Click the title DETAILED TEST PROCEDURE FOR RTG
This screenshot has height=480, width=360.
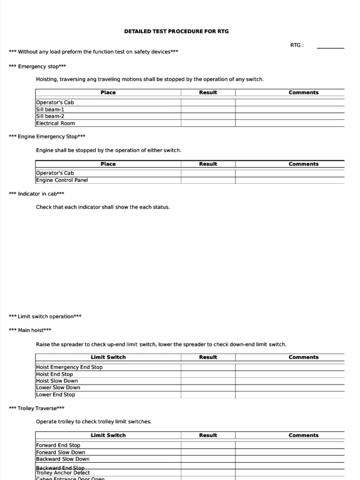(176, 31)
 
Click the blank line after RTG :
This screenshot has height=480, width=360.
(330, 47)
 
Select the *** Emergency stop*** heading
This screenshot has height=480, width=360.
(37, 67)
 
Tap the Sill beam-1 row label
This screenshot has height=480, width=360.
(50, 109)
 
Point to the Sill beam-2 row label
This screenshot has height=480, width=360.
(50, 116)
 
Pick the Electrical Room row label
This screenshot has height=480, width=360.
(55, 123)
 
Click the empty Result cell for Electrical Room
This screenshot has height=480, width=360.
(208, 123)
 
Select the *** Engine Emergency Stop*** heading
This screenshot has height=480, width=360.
(47, 137)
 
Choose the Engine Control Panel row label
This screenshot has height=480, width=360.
(62, 180)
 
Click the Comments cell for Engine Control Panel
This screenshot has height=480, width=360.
(290, 180)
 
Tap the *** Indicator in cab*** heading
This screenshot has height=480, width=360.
(37, 194)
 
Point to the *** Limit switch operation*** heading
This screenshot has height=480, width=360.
(45, 316)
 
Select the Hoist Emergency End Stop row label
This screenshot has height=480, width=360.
(69, 367)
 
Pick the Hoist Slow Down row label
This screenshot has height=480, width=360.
(57, 381)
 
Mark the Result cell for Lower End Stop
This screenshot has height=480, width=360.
(208, 395)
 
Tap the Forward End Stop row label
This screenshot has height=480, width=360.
(58, 445)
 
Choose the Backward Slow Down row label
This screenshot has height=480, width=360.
(63, 459)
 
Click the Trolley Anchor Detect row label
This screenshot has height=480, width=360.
(63, 473)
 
